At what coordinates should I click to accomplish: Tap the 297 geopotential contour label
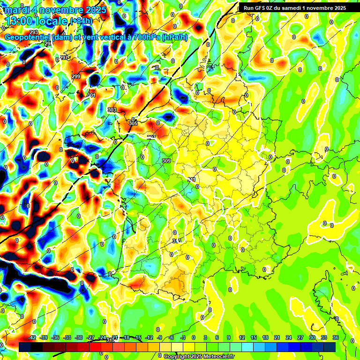point(64,58)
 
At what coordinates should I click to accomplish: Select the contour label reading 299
point(76,76)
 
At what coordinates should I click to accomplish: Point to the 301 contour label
point(91,95)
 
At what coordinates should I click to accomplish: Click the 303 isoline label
point(112,110)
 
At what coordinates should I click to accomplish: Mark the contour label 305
point(133,123)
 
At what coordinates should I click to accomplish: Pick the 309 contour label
point(166,161)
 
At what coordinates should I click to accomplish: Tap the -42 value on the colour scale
point(32,337)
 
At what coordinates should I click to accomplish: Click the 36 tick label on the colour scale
point(336,337)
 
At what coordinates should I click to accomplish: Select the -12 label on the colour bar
point(149,337)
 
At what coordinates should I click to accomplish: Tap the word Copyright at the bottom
point(176,356)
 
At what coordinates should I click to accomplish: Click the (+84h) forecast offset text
point(81,21)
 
